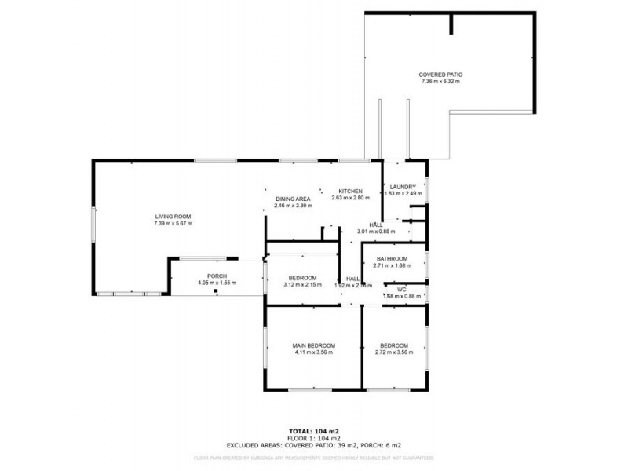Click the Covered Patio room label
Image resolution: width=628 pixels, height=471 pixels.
click(440, 74)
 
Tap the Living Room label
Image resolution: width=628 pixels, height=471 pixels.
click(173, 217)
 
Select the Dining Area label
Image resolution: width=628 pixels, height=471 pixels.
click(293, 199)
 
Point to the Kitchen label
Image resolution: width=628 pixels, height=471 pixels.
click(349, 192)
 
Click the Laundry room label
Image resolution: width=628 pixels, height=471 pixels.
click(403, 186)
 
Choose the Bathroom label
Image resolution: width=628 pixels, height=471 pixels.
click(392, 259)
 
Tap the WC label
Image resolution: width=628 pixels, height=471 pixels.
click(401, 290)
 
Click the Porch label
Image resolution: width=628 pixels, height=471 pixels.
click(217, 276)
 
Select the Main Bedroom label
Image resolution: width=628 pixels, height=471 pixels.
click(314, 345)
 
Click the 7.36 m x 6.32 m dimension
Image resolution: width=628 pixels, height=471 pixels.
click(440, 81)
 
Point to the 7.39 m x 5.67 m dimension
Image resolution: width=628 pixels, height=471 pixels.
click(173, 224)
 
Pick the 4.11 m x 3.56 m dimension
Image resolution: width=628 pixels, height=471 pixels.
click(314, 352)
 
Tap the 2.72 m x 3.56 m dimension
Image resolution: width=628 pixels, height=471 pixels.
click(394, 352)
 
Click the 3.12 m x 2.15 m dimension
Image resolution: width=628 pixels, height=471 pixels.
click(302, 285)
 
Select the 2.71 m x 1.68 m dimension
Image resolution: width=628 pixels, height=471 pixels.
click(392, 265)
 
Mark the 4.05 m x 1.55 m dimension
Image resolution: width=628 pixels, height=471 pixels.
click(217, 283)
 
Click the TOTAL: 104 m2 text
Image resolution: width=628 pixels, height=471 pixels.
click(314, 432)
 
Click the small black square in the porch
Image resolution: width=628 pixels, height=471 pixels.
click(214, 290)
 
